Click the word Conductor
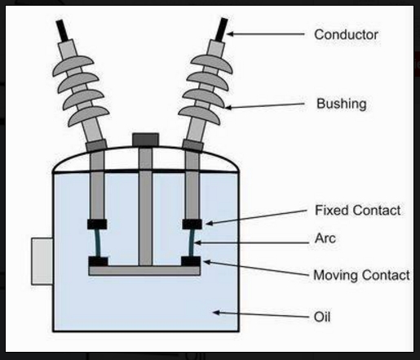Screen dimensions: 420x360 pyautogui.click(x=346, y=35)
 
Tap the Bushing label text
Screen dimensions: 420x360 pyautogui.click(x=342, y=104)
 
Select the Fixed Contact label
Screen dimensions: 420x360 pyautogui.click(x=358, y=211)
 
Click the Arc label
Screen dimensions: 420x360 pyautogui.click(x=325, y=238)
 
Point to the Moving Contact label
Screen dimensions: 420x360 pyautogui.click(x=361, y=275)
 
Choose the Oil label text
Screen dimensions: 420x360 pyautogui.click(x=322, y=317)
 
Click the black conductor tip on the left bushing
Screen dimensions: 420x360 pyautogui.click(x=62, y=30)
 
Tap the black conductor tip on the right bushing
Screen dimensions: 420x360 pyautogui.click(x=221, y=29)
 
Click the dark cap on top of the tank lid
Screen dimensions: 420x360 pyautogui.click(x=145, y=140)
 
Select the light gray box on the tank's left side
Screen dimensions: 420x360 pyautogui.click(x=42, y=261)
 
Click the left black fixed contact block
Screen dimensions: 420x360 pyautogui.click(x=97, y=224)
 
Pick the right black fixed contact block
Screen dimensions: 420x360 pyautogui.click(x=192, y=224)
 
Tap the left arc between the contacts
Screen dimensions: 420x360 pyautogui.click(x=98, y=242)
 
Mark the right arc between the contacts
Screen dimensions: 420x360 pyautogui.click(x=192, y=242)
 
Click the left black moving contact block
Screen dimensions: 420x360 pyautogui.click(x=98, y=261)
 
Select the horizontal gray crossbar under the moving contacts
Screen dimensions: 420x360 pyautogui.click(x=144, y=271)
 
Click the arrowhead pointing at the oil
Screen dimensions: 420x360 pyautogui.click(x=216, y=313)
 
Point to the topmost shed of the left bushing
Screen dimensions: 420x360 pyautogui.click(x=73, y=64)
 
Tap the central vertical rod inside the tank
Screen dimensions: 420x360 pyautogui.click(x=145, y=207)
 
